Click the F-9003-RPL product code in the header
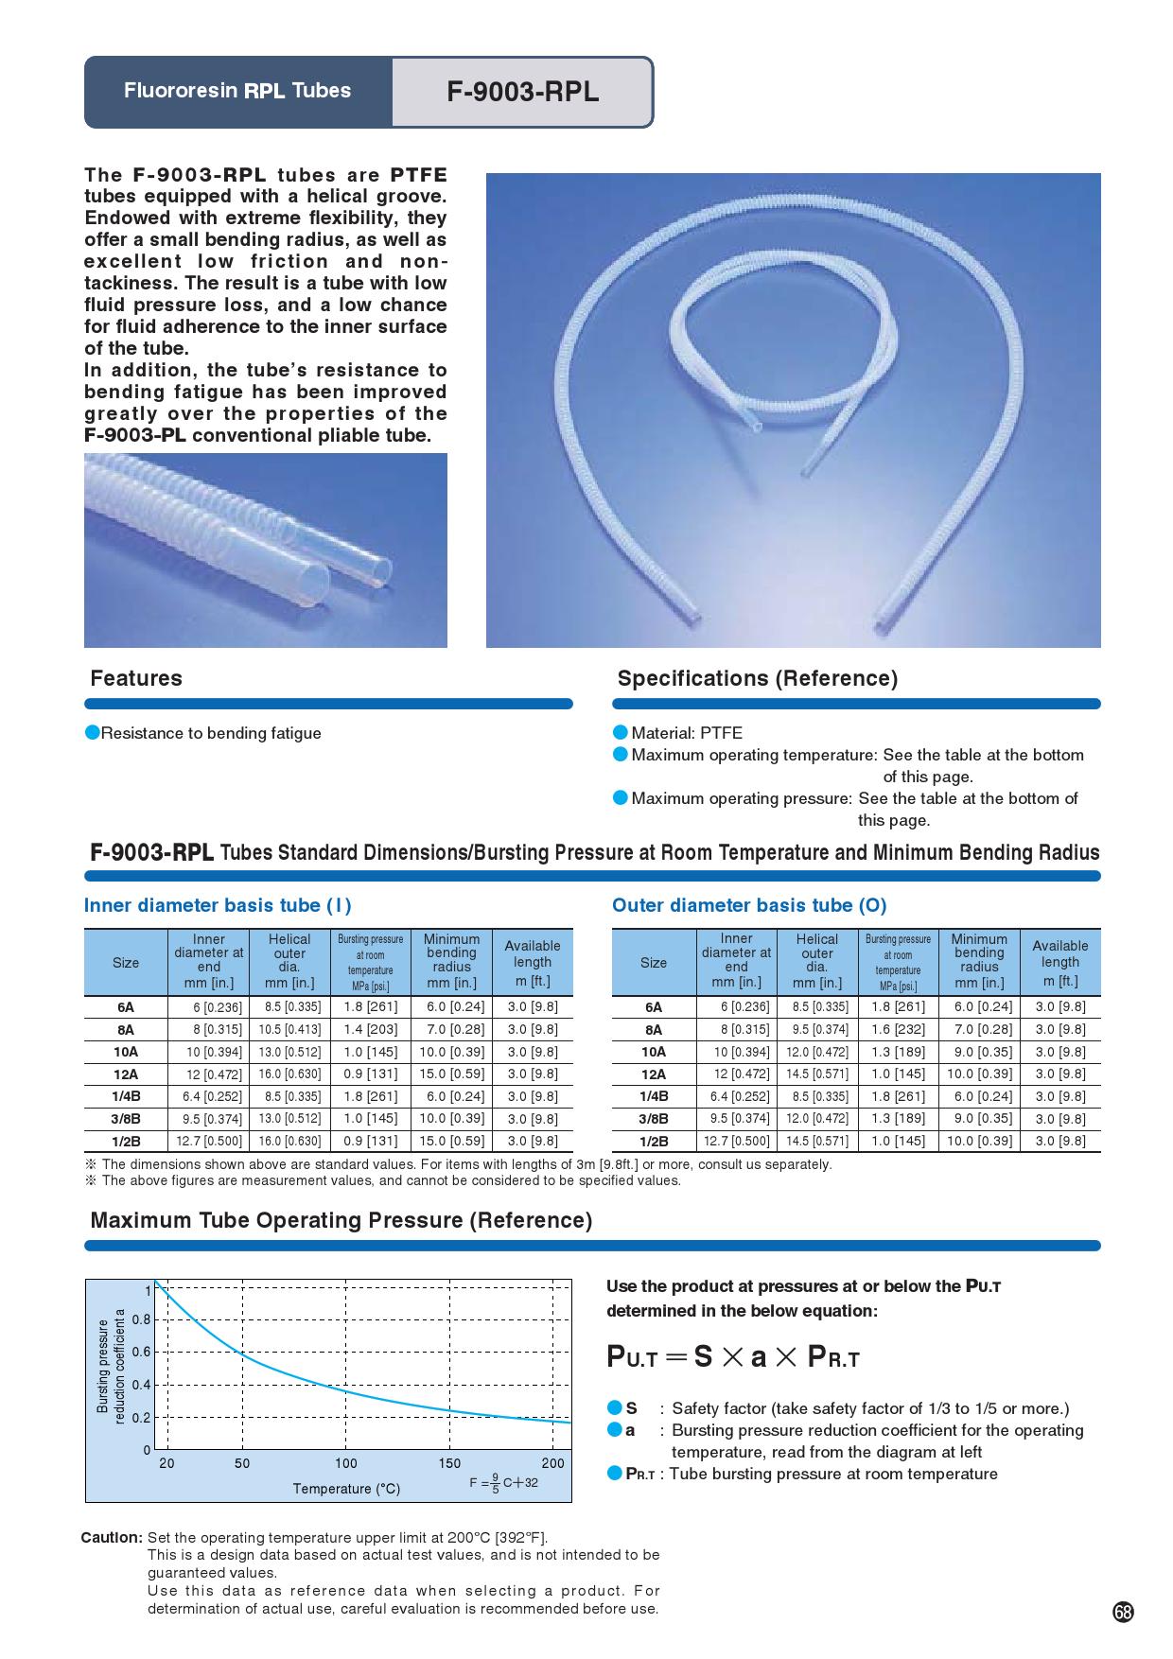pyautogui.click(x=522, y=93)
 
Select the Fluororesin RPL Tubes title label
pyautogui.click(x=236, y=91)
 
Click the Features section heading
pyautogui.click(x=136, y=678)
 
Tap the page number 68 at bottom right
pyautogui.click(x=1123, y=1613)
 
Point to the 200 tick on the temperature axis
pyautogui.click(x=553, y=1463)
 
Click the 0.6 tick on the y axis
pyautogui.click(x=141, y=1352)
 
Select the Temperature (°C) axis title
pyautogui.click(x=346, y=1489)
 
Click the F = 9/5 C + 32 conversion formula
pyautogui.click(x=503, y=1483)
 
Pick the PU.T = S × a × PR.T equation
pyautogui.click(x=733, y=1357)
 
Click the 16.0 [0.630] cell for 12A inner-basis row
pyautogui.click(x=289, y=1074)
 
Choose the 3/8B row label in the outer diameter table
pyautogui.click(x=654, y=1119)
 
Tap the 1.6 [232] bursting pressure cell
pyautogui.click(x=898, y=1029)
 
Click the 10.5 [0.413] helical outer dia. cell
pyautogui.click(x=289, y=1029)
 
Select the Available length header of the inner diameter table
pyautogui.click(x=533, y=963)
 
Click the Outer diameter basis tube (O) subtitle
pyautogui.click(x=749, y=905)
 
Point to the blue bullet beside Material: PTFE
pyautogui.click(x=621, y=733)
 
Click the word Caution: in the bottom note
pyautogui.click(x=112, y=1537)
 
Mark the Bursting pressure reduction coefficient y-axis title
pyautogui.click(x=111, y=1367)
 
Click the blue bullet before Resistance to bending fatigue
pyautogui.click(x=93, y=733)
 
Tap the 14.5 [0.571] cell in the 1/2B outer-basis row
pyautogui.click(x=817, y=1142)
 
